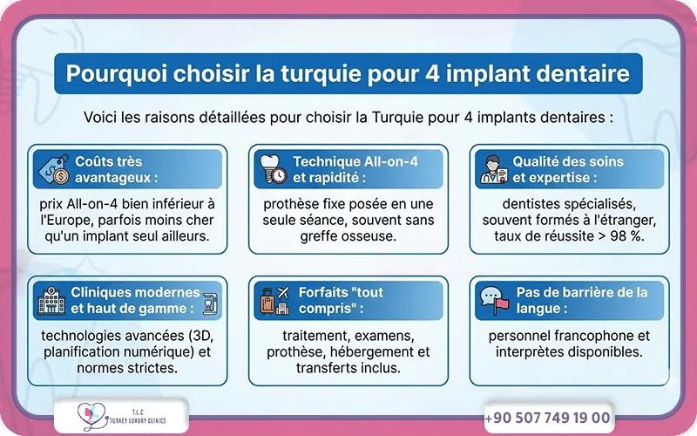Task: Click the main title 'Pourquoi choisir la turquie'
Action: click(348, 72)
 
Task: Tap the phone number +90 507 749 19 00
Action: click(547, 418)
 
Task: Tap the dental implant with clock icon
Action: click(271, 169)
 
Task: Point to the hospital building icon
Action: click(52, 301)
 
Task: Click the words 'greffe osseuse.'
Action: click(348, 236)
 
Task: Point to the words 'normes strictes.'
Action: click(127, 368)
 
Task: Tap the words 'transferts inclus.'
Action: click(348, 368)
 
